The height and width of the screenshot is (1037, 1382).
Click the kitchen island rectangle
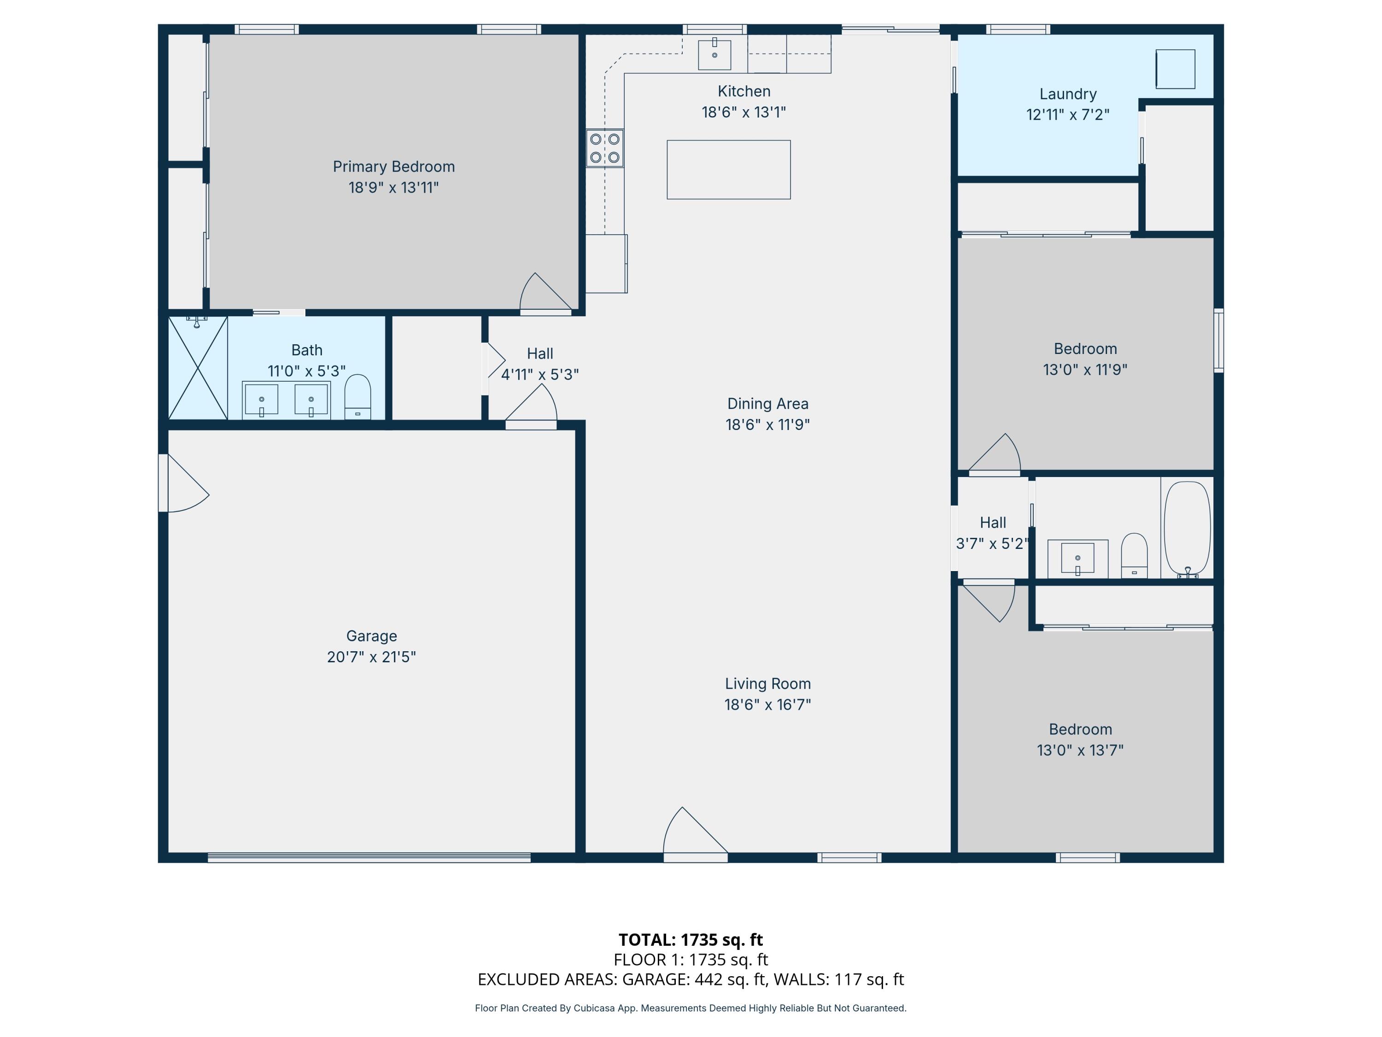(728, 170)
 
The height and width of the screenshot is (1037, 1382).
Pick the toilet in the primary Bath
(357, 398)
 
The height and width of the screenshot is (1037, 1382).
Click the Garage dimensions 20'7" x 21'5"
(371, 657)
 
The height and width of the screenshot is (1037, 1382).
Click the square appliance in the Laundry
(1175, 69)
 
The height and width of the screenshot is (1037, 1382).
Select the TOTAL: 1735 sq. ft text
(691, 939)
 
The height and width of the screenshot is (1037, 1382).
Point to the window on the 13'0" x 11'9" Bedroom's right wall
(1218, 340)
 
